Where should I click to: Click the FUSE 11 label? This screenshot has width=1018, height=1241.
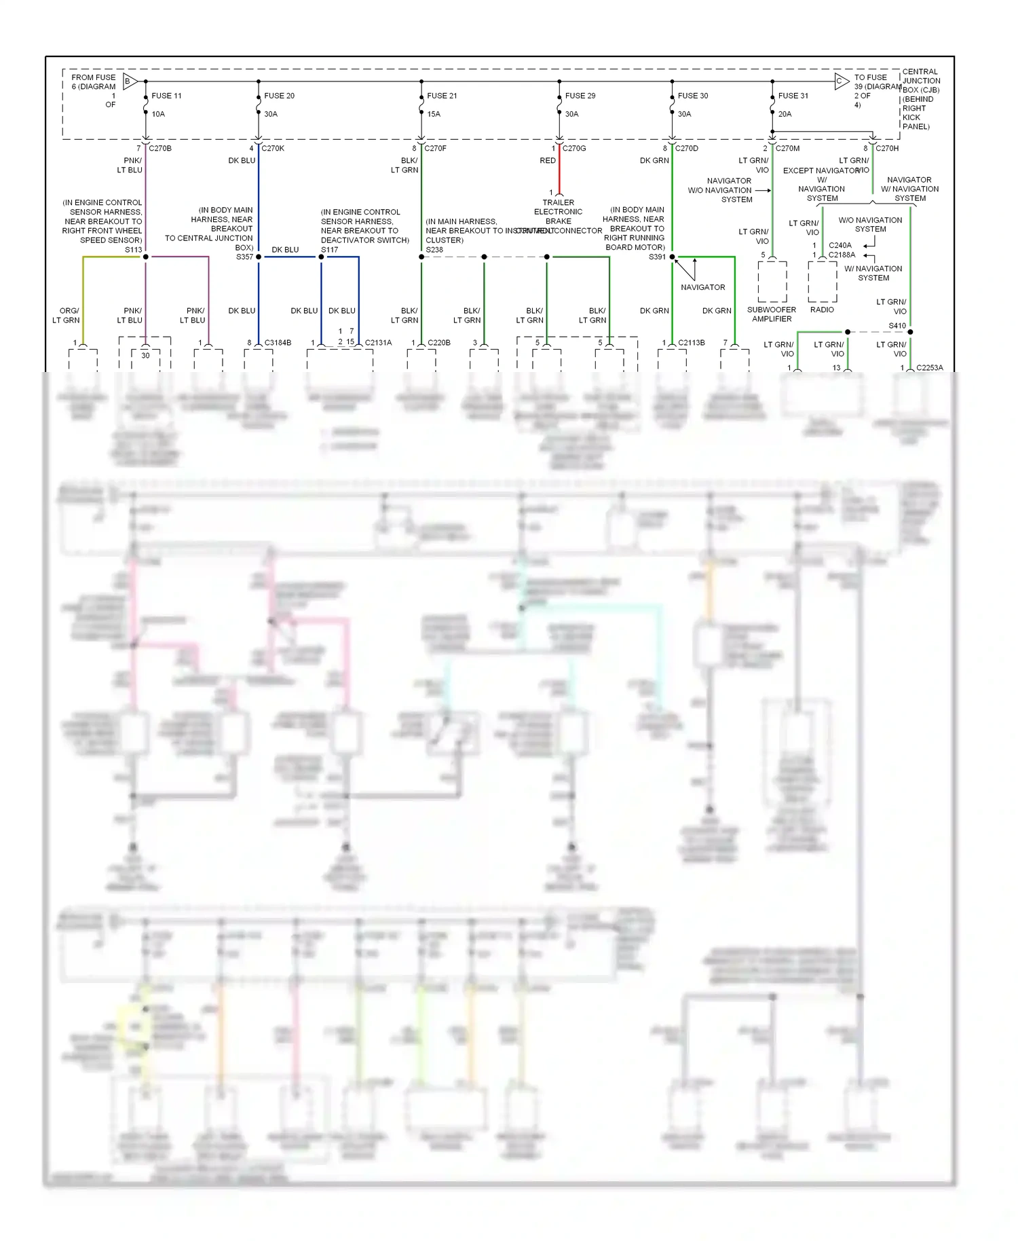point(166,96)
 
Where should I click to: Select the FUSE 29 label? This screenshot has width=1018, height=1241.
point(580,96)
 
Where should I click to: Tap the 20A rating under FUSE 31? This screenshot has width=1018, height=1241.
point(785,114)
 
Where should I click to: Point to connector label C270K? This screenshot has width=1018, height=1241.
point(273,148)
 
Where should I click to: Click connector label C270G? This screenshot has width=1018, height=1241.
point(574,148)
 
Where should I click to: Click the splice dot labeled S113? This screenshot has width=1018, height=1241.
point(146,257)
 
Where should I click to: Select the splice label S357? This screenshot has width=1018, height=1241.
point(244,257)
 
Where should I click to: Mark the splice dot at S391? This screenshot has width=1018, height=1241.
point(673,257)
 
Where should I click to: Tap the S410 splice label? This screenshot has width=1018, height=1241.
point(897,326)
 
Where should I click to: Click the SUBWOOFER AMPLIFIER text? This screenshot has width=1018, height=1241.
point(772,314)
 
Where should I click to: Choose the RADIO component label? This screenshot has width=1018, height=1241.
point(822,310)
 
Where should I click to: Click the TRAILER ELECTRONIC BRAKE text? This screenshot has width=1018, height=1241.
point(559,212)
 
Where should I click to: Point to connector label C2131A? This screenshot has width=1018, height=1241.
point(378,343)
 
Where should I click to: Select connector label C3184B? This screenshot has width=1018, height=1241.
point(278,343)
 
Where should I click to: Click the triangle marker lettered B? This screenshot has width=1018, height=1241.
point(130,81)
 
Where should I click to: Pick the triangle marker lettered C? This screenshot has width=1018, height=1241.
point(841,81)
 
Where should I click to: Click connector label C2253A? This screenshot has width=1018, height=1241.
point(929,368)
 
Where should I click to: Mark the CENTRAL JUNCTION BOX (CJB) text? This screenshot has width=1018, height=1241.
point(921,81)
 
